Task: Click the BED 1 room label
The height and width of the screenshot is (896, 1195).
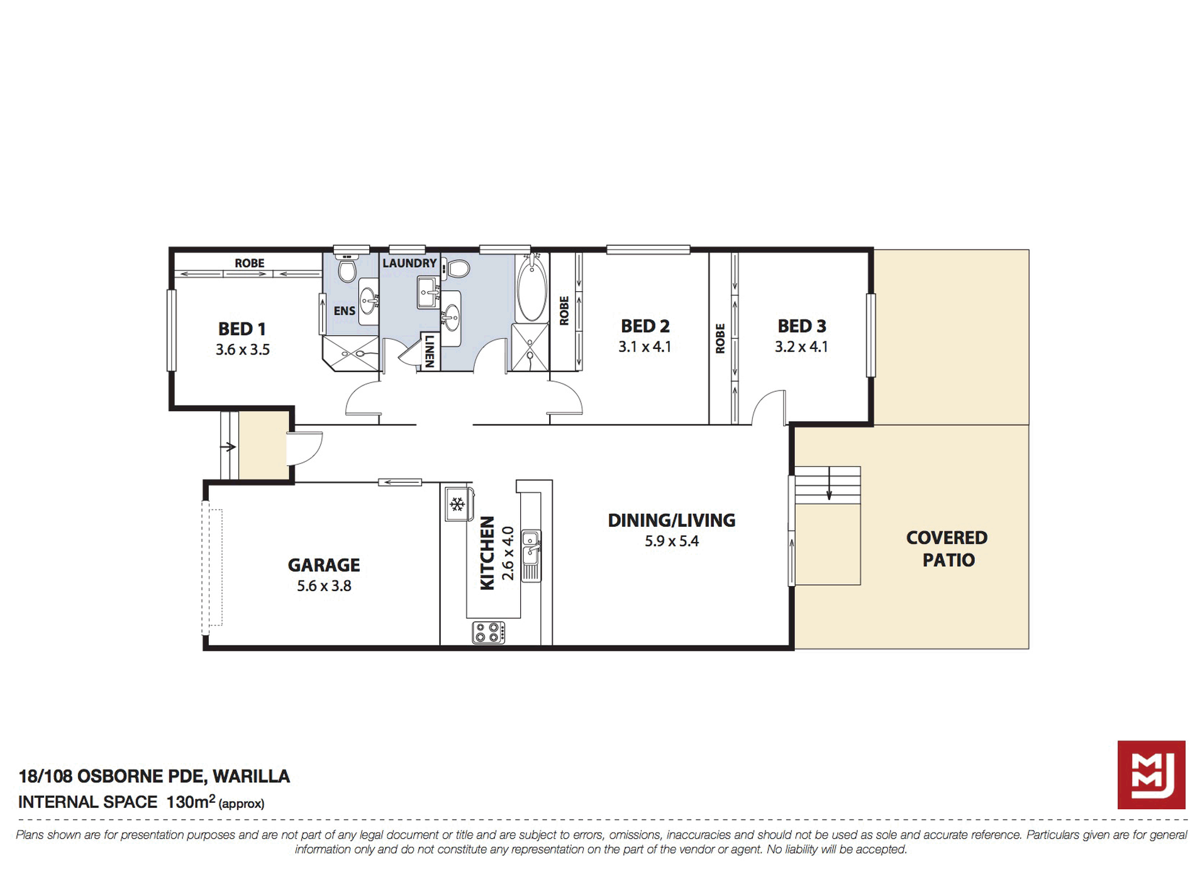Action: (x=242, y=329)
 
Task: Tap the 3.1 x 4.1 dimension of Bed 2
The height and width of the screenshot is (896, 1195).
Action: (x=645, y=346)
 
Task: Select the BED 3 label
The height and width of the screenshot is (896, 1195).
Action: (x=802, y=326)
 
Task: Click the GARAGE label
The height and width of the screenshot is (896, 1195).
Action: (x=324, y=565)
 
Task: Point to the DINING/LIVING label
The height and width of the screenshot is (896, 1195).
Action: (x=672, y=520)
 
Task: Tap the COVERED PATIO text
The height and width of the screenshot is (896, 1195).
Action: (x=947, y=548)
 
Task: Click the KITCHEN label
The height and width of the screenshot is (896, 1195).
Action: (x=487, y=553)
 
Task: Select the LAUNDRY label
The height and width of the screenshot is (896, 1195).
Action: (x=409, y=263)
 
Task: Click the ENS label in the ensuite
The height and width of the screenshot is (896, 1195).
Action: (x=344, y=311)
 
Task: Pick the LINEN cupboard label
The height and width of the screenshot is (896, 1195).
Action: (x=430, y=351)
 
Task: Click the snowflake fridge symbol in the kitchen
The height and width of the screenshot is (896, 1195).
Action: (x=457, y=504)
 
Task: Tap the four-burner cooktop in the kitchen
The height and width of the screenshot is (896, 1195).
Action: (x=489, y=632)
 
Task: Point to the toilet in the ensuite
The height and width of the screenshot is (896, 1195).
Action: (x=347, y=268)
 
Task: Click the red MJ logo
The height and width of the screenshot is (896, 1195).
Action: (x=1151, y=775)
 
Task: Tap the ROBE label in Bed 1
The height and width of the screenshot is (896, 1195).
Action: (x=250, y=263)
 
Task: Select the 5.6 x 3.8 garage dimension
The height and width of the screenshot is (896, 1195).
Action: (x=324, y=586)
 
